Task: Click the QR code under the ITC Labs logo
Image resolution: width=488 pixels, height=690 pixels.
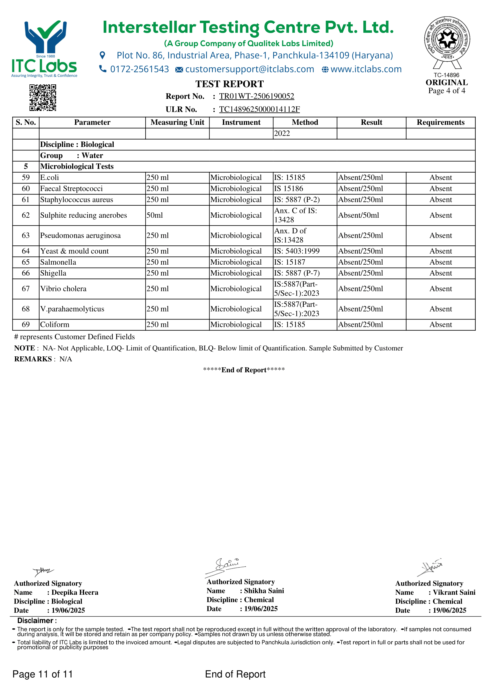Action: (43, 98)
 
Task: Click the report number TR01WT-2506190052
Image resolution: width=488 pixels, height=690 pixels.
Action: (257, 96)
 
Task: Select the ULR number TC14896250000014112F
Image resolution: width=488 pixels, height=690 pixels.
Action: (259, 109)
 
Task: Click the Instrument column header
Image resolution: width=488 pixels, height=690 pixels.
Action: (241, 122)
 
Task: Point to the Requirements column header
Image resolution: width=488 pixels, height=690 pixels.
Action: (440, 122)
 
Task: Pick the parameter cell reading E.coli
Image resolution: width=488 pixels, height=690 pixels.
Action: (50, 178)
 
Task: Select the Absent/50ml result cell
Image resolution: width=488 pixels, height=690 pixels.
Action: (358, 215)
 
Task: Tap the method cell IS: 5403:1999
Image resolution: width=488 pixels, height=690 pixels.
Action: (296, 251)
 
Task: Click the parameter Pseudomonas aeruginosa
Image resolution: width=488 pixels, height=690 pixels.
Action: (80, 236)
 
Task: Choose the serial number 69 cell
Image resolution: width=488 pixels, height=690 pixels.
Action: (26, 324)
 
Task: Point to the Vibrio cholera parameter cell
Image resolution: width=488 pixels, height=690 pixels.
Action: (63, 289)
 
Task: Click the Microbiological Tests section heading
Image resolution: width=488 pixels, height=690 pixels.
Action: (77, 166)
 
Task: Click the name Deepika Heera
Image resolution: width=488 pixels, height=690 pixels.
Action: (75, 592)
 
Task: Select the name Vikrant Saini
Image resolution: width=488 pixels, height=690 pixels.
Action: (454, 592)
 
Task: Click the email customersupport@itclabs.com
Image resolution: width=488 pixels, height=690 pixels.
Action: (249, 69)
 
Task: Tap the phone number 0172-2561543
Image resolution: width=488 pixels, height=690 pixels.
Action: (139, 69)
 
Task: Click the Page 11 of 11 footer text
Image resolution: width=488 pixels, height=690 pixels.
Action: (43, 674)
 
